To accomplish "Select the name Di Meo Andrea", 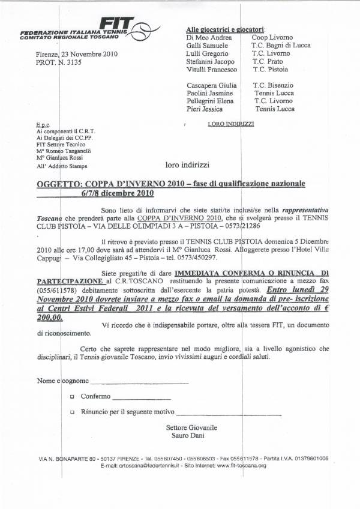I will point(207,37).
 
